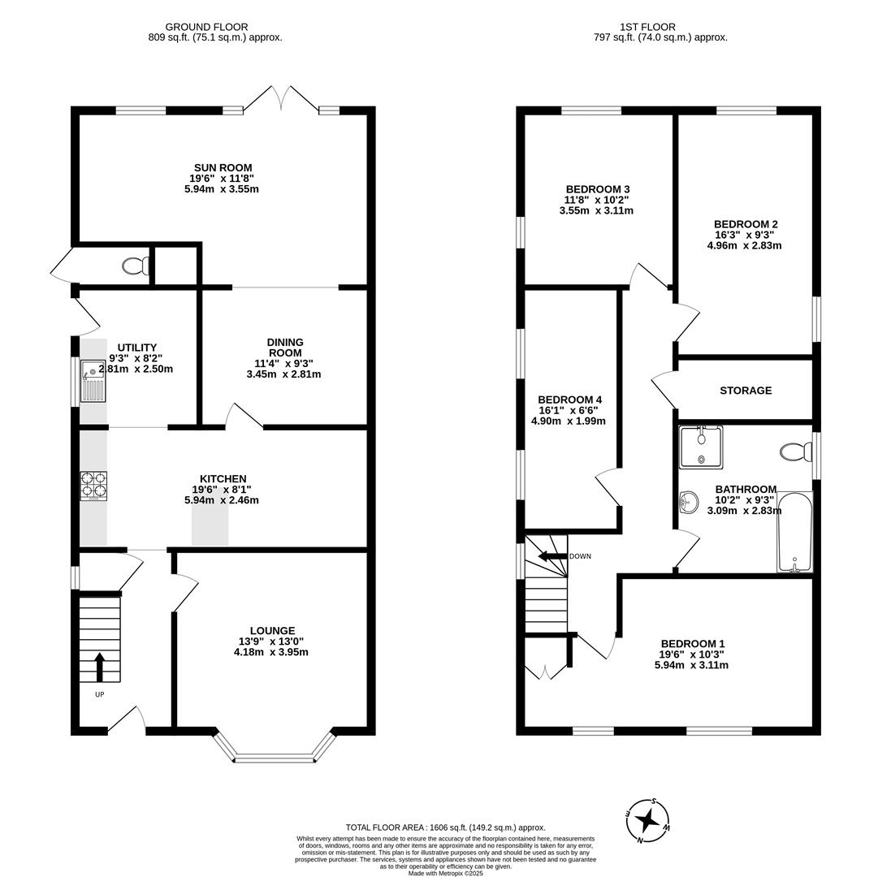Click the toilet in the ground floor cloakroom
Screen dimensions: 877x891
(x=135, y=265)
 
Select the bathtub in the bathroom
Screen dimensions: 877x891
(x=794, y=532)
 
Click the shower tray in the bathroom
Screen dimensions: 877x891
(x=700, y=447)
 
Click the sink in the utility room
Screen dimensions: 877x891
(x=93, y=380)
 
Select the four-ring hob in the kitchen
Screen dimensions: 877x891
(x=93, y=486)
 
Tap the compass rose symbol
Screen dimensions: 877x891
(x=647, y=820)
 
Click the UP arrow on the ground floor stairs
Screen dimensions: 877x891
(x=100, y=667)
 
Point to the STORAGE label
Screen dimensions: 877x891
(x=746, y=391)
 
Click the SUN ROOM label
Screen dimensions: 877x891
(x=223, y=168)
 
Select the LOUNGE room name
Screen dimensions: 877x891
(x=272, y=630)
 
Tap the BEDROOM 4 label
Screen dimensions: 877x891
(x=569, y=400)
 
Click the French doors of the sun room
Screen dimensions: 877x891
(x=281, y=99)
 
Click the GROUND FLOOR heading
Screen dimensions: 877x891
(x=206, y=27)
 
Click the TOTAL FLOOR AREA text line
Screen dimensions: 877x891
(x=445, y=827)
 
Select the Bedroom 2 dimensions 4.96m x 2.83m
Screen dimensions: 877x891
(x=744, y=245)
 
